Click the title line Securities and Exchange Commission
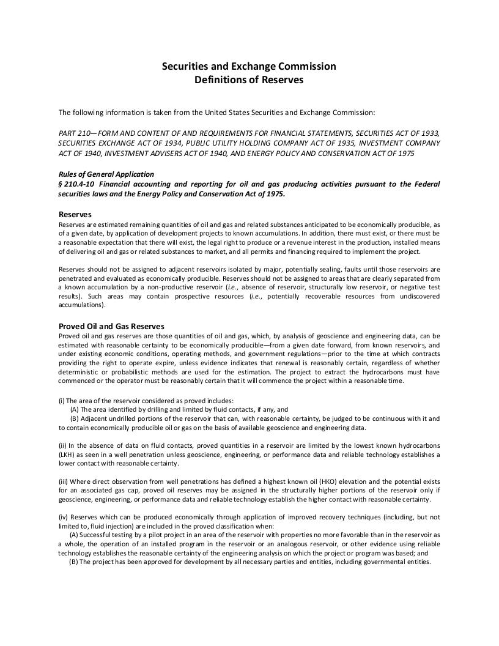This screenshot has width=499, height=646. click(249, 66)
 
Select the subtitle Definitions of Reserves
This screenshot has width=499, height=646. click(249, 80)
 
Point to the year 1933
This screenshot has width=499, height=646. click(431, 133)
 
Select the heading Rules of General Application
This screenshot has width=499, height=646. click(106, 174)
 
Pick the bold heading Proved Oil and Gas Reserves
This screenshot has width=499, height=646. click(111, 326)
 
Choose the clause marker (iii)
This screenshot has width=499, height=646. click(64, 480)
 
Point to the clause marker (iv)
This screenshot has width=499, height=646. click(64, 516)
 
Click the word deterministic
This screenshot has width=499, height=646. click(78, 371)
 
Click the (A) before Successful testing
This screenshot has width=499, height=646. click(75, 534)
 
